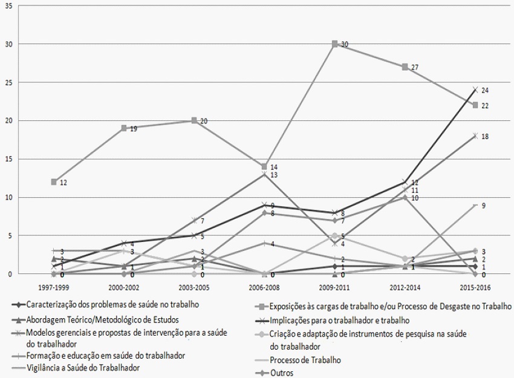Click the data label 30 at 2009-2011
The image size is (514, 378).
345,45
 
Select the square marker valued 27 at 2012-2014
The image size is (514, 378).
405,67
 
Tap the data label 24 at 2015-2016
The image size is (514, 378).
485,91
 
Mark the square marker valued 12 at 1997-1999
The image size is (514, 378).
54,181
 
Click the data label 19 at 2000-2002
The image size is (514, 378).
134,129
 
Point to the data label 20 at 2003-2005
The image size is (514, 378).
204,121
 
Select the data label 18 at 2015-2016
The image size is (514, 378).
485,137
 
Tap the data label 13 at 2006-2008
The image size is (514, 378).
274,175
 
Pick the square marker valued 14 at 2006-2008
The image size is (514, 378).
264,166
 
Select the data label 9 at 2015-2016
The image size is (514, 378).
483,206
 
